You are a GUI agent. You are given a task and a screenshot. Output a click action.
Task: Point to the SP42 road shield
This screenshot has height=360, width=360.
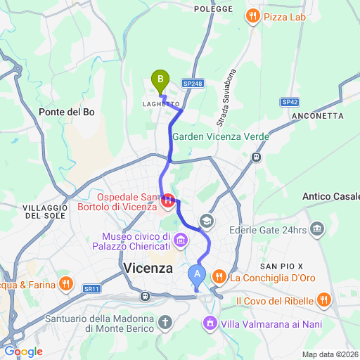click(290, 102)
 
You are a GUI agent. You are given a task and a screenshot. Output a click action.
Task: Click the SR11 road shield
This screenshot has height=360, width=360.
click(91, 288)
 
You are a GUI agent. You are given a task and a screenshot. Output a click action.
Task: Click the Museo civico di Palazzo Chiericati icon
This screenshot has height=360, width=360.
click(181, 241)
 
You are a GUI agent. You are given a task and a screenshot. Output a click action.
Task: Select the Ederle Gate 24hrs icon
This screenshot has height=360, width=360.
click(317, 229)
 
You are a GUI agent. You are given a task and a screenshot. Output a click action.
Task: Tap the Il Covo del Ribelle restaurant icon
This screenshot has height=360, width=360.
click(324, 300)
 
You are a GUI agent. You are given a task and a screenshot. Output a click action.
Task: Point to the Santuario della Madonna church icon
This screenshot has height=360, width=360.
click(165, 323)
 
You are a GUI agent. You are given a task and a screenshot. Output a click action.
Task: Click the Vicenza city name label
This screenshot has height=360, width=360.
click(148, 269)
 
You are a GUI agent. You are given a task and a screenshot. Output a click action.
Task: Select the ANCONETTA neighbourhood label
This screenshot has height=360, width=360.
click(321, 115)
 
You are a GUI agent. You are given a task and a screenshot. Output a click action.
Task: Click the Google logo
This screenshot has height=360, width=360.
click(22, 351)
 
